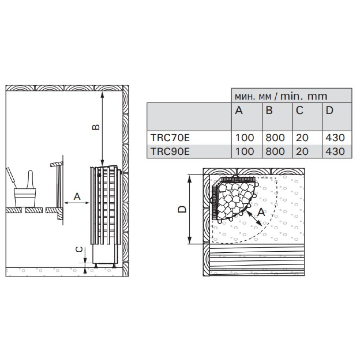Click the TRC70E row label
170,138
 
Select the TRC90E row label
170,151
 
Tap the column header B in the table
269,111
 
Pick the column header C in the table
300,111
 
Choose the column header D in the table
330,111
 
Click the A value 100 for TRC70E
245,138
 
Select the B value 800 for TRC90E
275,151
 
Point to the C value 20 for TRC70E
302,138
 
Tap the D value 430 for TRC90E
335,151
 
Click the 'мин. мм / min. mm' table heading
281,96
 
